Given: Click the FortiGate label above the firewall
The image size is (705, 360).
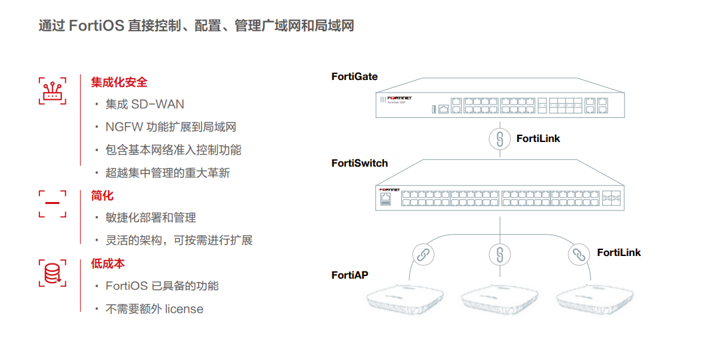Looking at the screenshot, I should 354,77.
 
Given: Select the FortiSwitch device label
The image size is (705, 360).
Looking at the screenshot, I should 359,163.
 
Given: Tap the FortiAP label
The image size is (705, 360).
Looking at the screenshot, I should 350,275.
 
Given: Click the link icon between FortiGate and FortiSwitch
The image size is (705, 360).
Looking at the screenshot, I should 499,139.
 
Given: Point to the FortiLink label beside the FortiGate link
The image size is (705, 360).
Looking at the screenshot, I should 538,139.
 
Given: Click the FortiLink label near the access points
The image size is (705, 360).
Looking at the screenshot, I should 618,253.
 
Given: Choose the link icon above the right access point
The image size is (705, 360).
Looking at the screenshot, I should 578,254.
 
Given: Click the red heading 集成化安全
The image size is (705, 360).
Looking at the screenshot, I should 119,82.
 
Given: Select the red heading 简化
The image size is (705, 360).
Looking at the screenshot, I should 103,195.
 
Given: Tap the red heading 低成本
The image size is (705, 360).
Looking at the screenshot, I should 108,263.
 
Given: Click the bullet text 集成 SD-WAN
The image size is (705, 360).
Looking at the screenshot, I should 145,104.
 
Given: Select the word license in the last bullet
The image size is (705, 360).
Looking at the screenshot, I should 184,309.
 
